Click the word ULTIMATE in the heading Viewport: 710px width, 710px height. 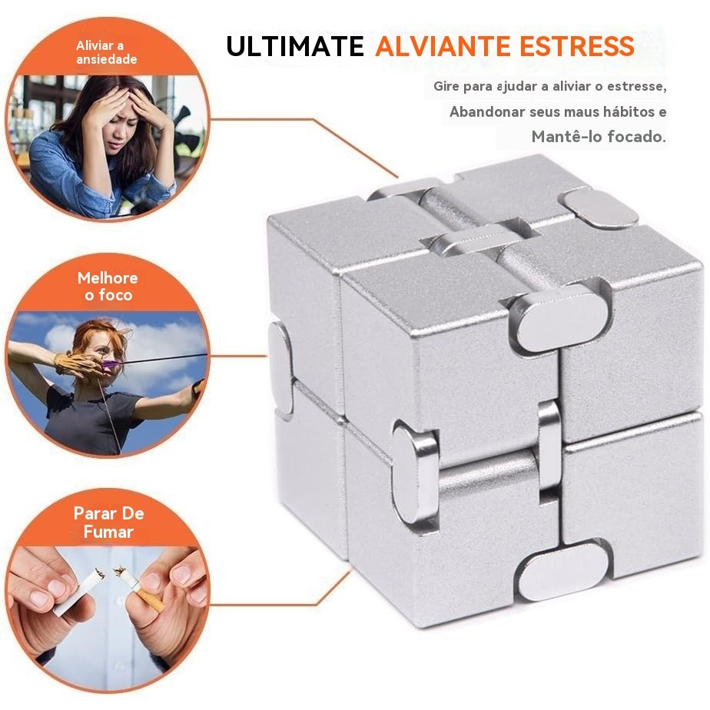coord(295,46)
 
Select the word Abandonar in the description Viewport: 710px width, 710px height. coord(487,111)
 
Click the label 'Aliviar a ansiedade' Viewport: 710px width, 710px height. coord(106,52)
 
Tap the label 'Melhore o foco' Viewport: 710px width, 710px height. coord(108,286)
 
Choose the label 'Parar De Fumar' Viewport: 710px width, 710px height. coord(108,522)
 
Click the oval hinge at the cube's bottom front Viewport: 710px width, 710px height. coord(562,571)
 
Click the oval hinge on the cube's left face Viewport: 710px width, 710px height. coord(280,369)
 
